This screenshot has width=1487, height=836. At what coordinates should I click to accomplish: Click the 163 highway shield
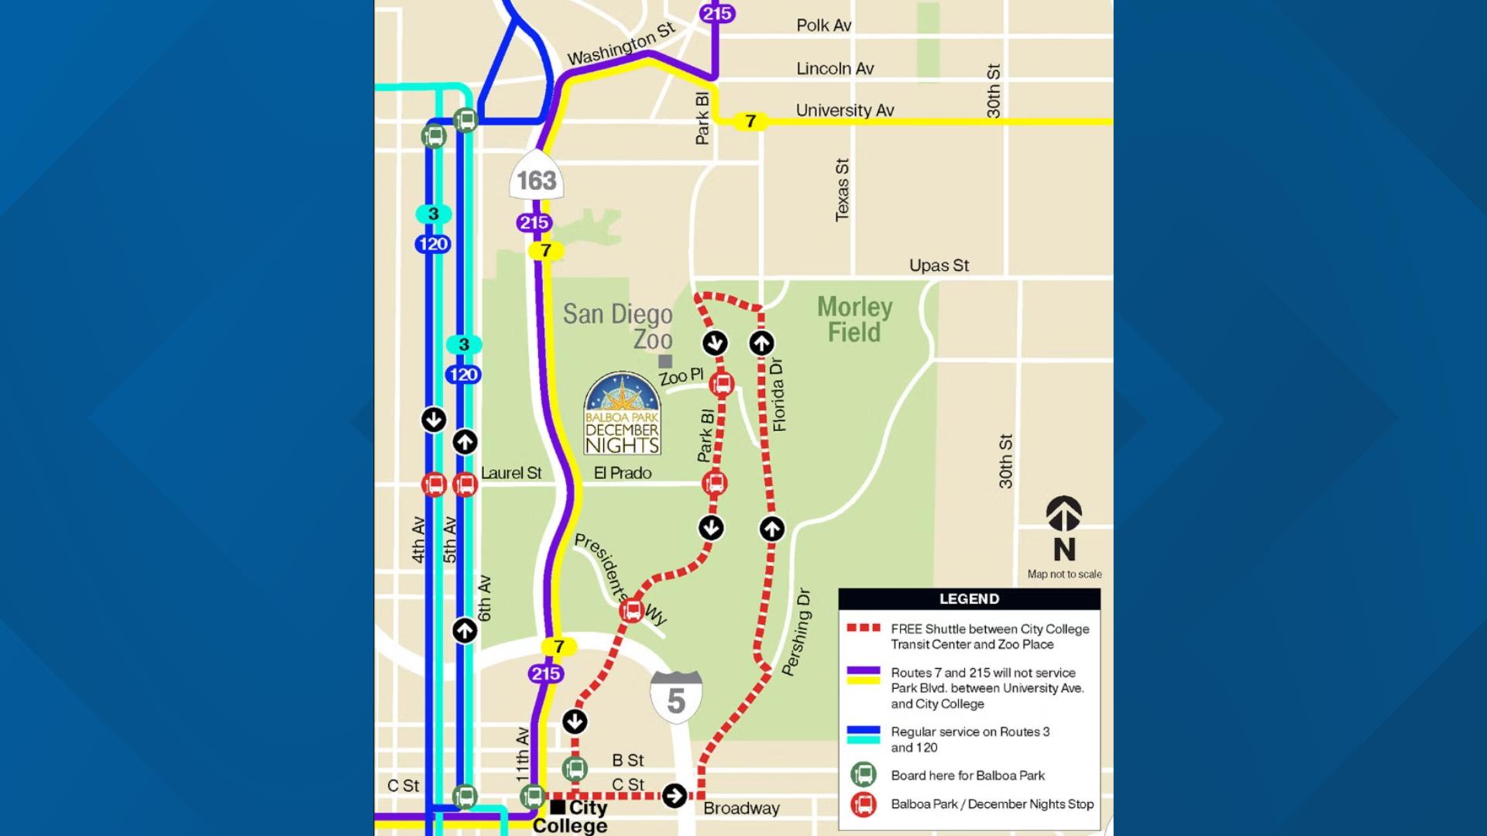point(536,181)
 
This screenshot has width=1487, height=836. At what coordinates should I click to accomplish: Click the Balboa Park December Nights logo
point(622,414)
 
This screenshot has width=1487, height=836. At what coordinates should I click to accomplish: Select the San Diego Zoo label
point(619,326)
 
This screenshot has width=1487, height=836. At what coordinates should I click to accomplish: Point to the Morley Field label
point(854,320)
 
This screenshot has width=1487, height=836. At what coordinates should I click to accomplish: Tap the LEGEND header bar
point(969,598)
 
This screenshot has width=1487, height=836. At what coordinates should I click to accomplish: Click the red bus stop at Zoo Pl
point(722,384)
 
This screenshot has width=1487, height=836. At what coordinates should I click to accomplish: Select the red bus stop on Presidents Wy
point(632,611)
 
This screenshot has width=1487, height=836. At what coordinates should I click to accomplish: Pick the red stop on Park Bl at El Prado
point(714,484)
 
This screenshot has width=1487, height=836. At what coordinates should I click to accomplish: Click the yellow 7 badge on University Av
point(750,122)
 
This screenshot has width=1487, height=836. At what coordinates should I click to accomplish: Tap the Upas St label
point(939,266)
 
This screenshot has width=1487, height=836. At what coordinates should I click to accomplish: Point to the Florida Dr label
point(778,395)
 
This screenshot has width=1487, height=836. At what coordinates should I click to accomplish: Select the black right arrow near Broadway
point(675,795)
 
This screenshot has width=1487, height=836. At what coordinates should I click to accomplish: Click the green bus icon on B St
point(575,769)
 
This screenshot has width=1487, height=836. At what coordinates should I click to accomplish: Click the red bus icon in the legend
point(864,804)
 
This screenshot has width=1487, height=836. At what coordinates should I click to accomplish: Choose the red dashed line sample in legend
point(863,629)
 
